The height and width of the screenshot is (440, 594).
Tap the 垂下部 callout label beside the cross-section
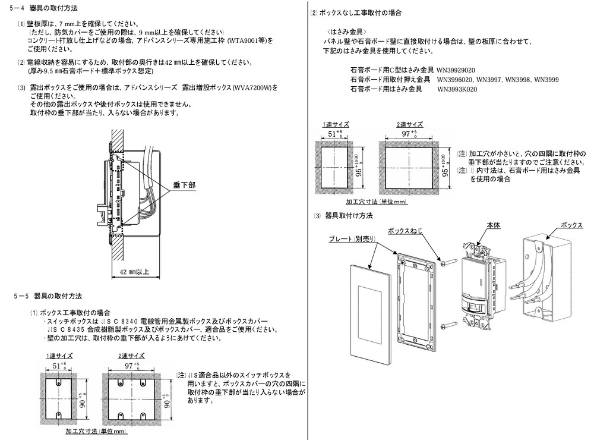click(x=184, y=185)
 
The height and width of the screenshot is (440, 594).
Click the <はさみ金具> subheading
click(x=349, y=31)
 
